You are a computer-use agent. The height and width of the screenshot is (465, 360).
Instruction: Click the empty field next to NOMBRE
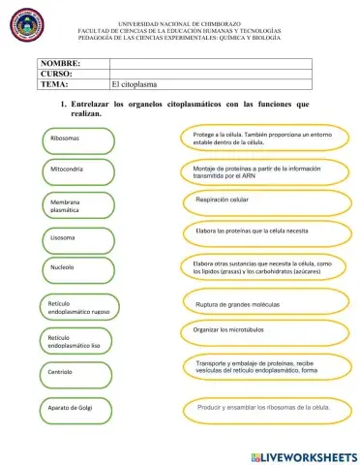[x=210, y=63]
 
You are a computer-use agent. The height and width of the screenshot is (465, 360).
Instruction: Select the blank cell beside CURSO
[x=210, y=74]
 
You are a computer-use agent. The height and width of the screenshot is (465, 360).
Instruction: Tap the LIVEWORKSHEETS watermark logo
[x=303, y=454]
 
